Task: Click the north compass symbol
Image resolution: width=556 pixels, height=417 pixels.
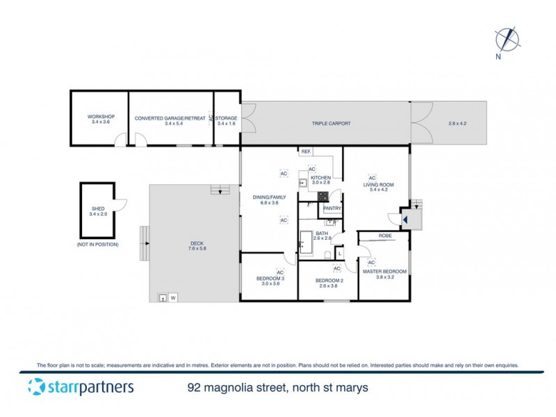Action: tap(508, 39)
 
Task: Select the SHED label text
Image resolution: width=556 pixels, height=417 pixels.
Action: tap(97, 208)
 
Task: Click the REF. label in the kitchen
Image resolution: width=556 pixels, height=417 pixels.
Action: tap(305, 152)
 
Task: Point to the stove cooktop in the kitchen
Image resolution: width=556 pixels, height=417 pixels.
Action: tap(323, 197)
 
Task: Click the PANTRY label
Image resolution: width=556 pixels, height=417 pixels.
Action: tap(332, 208)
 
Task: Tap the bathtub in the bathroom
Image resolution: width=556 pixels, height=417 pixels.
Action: tap(306, 243)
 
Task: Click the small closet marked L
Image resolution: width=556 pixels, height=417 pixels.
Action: tap(339, 253)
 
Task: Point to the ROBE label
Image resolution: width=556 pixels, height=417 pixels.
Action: tap(386, 236)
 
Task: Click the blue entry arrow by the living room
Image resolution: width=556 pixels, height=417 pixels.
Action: tap(404, 219)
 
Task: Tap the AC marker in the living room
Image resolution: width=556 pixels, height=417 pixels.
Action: tap(372, 177)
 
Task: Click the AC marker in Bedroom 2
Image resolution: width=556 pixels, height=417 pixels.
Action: tap(336, 268)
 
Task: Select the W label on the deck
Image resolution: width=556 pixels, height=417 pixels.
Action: tap(173, 298)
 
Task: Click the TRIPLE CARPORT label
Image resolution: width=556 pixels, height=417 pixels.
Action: tap(331, 124)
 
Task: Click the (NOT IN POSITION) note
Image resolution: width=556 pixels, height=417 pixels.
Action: tap(97, 245)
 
